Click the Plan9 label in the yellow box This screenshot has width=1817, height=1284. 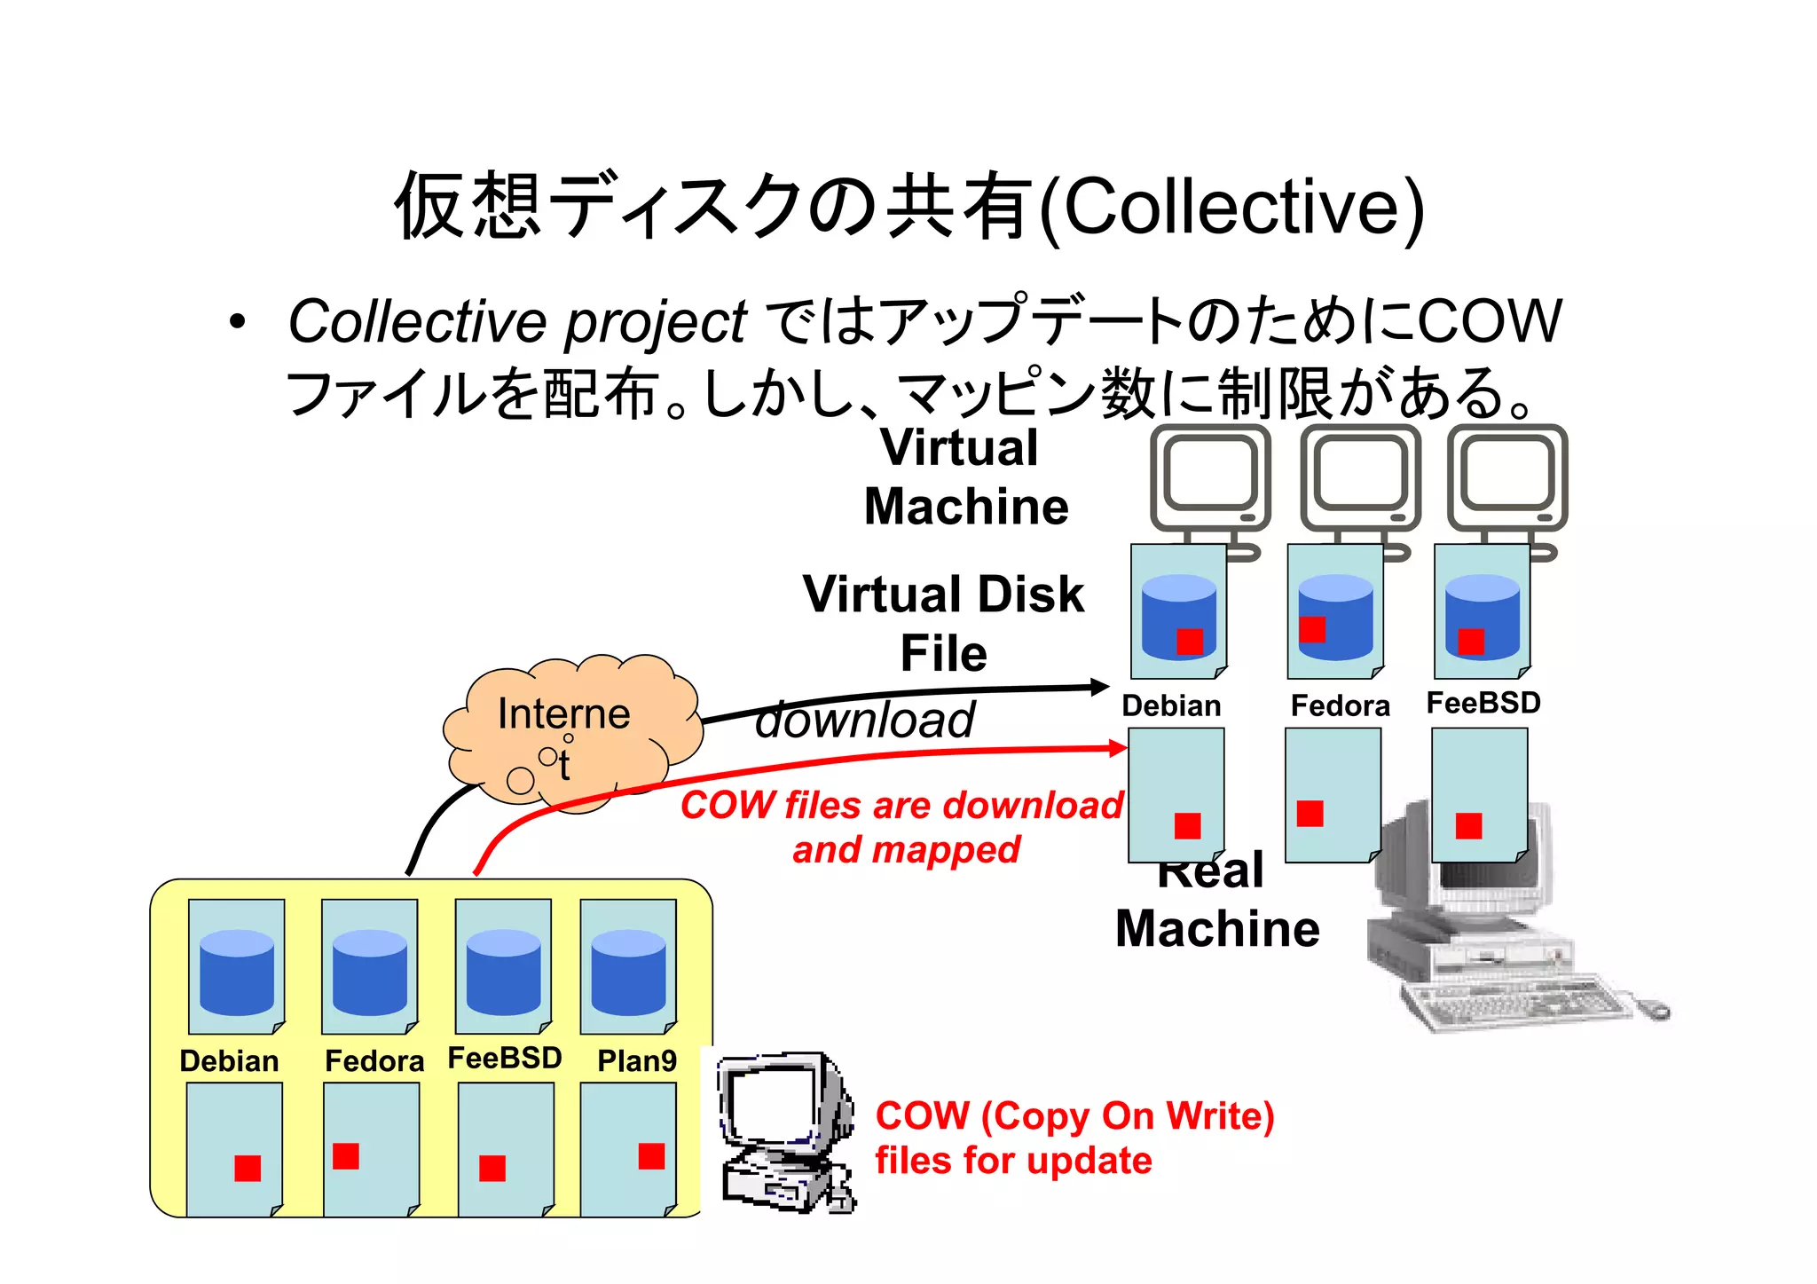pyautogui.click(x=636, y=1060)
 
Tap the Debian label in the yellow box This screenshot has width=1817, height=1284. pyautogui.click(x=229, y=1060)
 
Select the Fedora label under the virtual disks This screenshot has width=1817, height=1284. pyautogui.click(x=1340, y=705)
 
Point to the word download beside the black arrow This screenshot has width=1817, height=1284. pyautogui.click(x=865, y=719)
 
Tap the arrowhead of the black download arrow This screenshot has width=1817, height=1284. pyautogui.click(x=1100, y=687)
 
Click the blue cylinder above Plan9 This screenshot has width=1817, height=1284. pyautogui.click(x=628, y=972)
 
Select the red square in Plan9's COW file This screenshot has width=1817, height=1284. pyautogui.click(x=651, y=1156)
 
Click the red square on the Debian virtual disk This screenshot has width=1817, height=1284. pyautogui.click(x=1190, y=642)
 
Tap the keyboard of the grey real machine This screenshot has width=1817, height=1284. pyautogui.click(x=1517, y=1003)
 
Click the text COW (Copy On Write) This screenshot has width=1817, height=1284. pyautogui.click(x=1074, y=1115)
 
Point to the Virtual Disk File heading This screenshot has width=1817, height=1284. pyautogui.click(x=943, y=623)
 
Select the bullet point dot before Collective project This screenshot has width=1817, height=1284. pyautogui.click(x=236, y=322)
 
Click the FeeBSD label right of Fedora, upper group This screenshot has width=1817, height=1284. pyautogui.click(x=1483, y=703)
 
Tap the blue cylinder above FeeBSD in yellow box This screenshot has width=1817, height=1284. pyautogui.click(x=503, y=972)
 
